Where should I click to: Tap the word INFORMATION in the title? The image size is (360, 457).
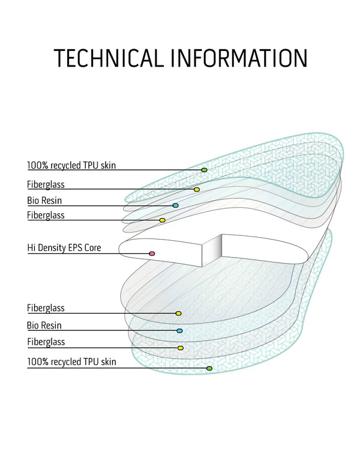point(239,58)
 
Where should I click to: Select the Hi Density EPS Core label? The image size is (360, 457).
point(64,247)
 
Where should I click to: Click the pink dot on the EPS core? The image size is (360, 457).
point(152,254)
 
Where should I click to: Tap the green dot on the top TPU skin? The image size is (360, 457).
point(204,171)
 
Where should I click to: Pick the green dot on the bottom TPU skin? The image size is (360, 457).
point(209,368)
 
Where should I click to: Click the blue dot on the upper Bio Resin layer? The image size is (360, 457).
point(175,205)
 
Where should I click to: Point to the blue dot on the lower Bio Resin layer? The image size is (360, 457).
point(179,331)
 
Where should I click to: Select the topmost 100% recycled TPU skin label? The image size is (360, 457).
point(71,165)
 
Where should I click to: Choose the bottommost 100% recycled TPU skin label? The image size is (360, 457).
point(71,362)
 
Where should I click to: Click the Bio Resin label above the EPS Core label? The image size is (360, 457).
point(44,201)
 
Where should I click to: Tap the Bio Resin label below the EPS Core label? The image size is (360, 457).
point(44,325)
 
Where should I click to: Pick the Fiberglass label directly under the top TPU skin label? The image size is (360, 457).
point(46,184)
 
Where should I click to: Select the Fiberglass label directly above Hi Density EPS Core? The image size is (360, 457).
point(46,215)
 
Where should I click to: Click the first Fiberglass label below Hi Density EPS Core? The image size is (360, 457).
point(46,308)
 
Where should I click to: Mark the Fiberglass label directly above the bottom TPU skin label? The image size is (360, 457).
point(46,342)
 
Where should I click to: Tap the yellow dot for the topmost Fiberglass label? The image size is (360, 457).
point(197,190)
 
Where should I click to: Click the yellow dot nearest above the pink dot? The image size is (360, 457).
point(162,220)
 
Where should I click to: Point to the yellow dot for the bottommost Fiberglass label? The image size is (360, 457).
point(180,348)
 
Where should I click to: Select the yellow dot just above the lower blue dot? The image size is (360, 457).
point(178,313)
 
